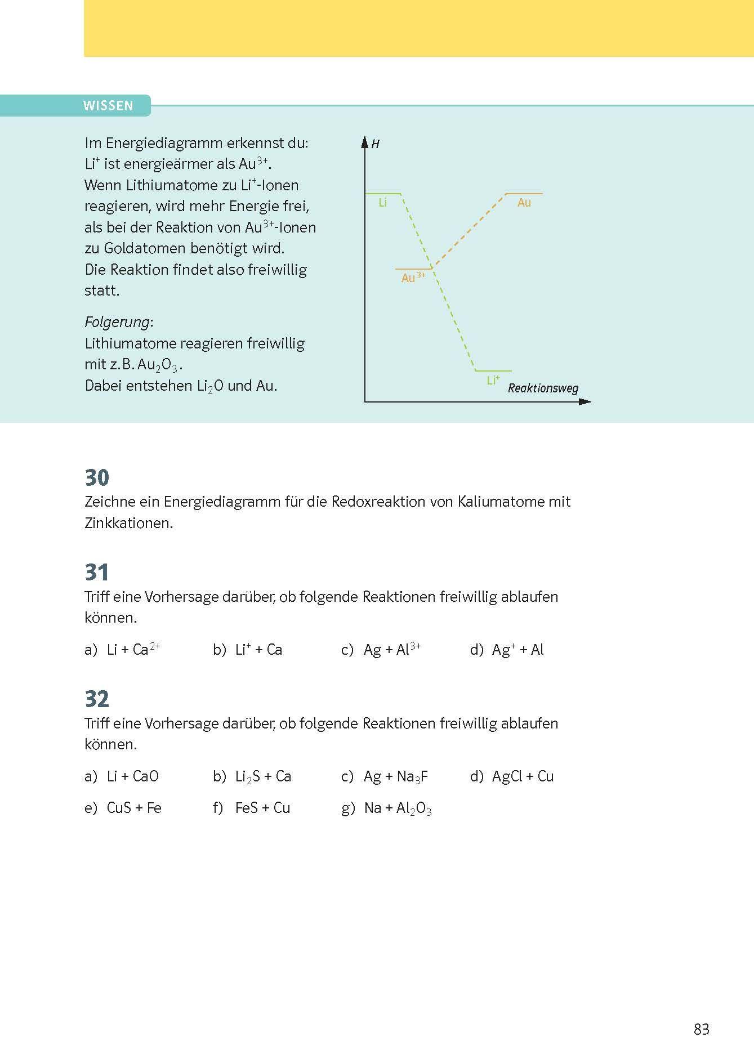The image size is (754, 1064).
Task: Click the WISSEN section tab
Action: click(108, 106)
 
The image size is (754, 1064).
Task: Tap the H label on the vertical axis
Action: click(376, 144)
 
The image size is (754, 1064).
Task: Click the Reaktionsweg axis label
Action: click(543, 388)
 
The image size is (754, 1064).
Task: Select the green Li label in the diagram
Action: click(383, 203)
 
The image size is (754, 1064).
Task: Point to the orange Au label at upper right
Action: click(524, 203)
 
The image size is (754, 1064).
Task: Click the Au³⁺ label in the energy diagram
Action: click(413, 278)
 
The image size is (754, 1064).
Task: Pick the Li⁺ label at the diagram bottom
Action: click(493, 381)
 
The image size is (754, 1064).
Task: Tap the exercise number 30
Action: click(97, 477)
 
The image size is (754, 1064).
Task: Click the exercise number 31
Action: click(97, 573)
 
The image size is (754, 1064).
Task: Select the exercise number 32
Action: click(97, 699)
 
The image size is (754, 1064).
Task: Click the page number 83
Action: click(702, 1029)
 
